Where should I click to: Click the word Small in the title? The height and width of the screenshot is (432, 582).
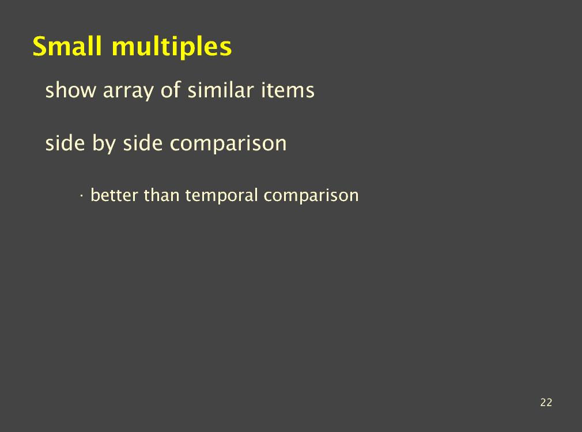pyautogui.click(x=67, y=46)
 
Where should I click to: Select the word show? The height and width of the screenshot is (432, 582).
pyautogui.click(x=70, y=90)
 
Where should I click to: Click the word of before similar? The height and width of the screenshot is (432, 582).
pyautogui.click(x=171, y=90)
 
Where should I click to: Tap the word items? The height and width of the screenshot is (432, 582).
pyautogui.click(x=288, y=90)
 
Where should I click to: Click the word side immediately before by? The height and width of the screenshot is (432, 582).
pyautogui.click(x=65, y=143)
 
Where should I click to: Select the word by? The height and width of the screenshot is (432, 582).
pyautogui.click(x=104, y=145)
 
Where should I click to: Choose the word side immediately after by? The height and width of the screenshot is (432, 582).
pyautogui.click(x=142, y=143)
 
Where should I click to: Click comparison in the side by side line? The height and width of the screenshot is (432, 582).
pyautogui.click(x=228, y=145)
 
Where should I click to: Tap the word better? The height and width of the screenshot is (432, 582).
pyautogui.click(x=114, y=195)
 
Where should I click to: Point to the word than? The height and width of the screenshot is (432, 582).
pyautogui.click(x=161, y=195)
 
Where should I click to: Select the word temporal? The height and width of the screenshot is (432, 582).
pyautogui.click(x=221, y=196)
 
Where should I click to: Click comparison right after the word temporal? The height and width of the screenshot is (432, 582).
pyautogui.click(x=311, y=196)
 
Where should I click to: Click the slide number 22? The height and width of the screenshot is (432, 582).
pyautogui.click(x=546, y=403)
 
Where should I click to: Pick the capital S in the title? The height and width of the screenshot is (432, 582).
pyautogui.click(x=40, y=47)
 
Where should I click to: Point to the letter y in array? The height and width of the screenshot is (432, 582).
pyautogui.click(x=149, y=94)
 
